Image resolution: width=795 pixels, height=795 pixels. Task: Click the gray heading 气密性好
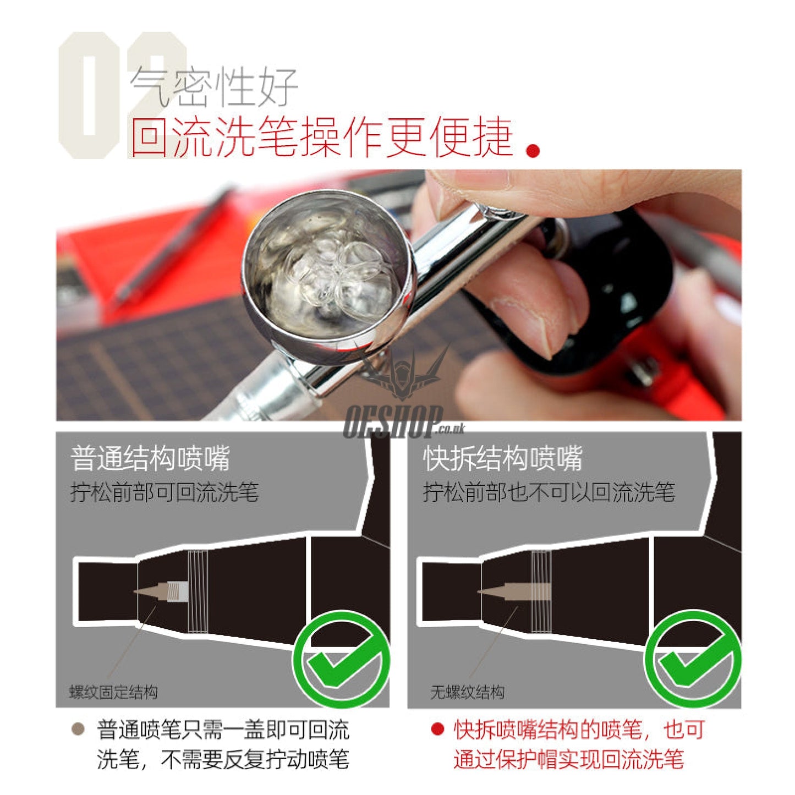pyautogui.click(x=213, y=87)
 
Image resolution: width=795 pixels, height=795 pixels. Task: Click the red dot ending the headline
pyautogui.click(x=532, y=150)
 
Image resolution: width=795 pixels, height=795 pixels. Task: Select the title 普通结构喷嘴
pyautogui.click(x=150, y=458)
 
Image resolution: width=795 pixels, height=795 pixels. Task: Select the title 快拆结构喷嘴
pyautogui.click(x=502, y=458)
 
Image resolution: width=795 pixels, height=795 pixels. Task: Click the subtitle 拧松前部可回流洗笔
pyautogui.click(x=164, y=492)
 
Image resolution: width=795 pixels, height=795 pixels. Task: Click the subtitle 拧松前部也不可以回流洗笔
pyautogui.click(x=548, y=492)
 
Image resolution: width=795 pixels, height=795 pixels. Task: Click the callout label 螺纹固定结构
pyautogui.click(x=113, y=692)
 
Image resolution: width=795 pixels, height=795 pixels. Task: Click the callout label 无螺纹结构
pyautogui.click(x=467, y=692)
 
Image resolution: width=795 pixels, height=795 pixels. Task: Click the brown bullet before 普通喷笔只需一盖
pyautogui.click(x=78, y=730)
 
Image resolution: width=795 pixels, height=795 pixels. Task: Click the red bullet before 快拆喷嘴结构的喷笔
pyautogui.click(x=437, y=730)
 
